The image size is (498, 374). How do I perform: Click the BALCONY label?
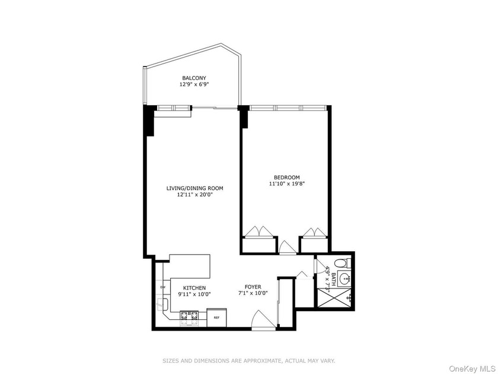194,78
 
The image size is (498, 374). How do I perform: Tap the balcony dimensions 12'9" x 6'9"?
194,85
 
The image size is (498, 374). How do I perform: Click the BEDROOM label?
286,177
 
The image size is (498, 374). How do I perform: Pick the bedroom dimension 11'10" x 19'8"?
286,183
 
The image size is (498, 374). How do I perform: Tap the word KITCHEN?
194,287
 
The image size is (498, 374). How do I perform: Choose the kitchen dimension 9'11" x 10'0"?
194,294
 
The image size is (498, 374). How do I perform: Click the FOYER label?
253,287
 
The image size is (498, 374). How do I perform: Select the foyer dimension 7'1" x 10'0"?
253,293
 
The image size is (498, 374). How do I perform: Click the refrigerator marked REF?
217,318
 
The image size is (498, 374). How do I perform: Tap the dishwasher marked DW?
162,288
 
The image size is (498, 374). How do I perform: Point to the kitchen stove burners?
189,318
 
